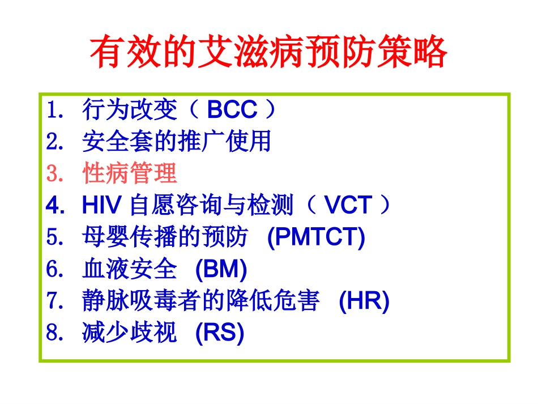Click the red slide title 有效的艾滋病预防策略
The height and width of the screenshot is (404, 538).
[x=268, y=54]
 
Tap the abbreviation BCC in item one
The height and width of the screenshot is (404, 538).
[x=232, y=110]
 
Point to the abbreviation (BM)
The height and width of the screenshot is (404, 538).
[x=221, y=270]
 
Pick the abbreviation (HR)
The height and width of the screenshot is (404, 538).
[x=364, y=301]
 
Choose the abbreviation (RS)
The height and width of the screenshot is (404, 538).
[x=219, y=333]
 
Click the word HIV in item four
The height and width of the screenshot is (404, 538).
[x=103, y=206]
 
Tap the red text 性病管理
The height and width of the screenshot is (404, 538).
[x=130, y=174]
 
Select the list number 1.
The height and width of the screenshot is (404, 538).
[x=53, y=110]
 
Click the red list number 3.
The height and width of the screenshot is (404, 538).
[x=53, y=174]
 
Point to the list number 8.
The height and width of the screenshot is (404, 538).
[x=53, y=333]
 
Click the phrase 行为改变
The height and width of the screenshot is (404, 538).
[x=130, y=110]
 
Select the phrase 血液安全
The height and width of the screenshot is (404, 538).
[x=130, y=270]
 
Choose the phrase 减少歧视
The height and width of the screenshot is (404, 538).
[x=130, y=333]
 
